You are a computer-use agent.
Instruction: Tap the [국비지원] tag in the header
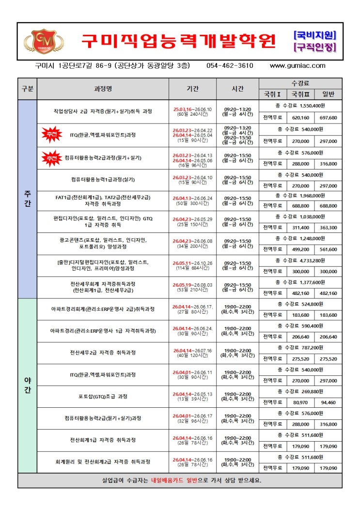(315, 35)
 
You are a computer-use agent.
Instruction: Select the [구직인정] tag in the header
(315, 47)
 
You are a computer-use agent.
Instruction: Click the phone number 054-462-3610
(230, 66)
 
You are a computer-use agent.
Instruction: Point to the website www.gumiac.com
(297, 66)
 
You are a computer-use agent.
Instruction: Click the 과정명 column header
(103, 89)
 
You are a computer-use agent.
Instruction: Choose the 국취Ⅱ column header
(300, 94)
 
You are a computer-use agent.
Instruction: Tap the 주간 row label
(27, 199)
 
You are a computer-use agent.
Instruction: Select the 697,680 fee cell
(328, 118)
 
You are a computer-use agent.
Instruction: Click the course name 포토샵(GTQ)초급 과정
(103, 397)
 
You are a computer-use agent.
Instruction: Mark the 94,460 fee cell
(328, 402)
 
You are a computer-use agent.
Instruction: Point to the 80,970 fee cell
(300, 402)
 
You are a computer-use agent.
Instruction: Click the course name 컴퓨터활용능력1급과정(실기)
(103, 179)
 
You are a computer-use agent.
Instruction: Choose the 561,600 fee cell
(328, 249)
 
